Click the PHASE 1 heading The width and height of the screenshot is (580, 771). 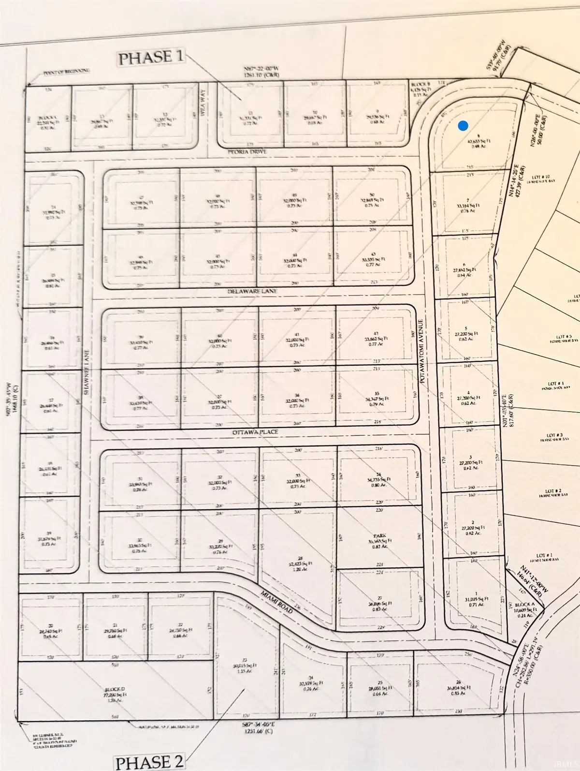click(x=151, y=58)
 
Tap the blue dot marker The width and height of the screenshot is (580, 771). click(x=463, y=126)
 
